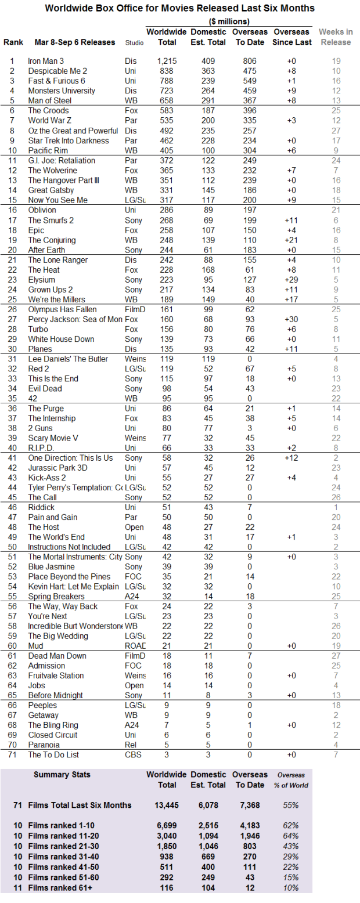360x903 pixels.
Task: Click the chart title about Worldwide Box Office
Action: [179, 8]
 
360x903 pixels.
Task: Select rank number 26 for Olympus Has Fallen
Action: [12, 309]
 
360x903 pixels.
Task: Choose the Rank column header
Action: [13, 42]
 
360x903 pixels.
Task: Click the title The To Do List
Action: [53, 754]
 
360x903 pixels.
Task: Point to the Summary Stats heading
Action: [62, 774]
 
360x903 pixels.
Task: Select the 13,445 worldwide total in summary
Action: [166, 805]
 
